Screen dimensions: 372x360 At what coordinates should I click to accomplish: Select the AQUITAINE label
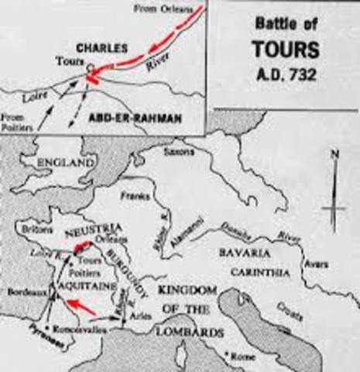tap(76, 285)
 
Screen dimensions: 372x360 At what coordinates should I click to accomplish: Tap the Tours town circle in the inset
tap(91, 68)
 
